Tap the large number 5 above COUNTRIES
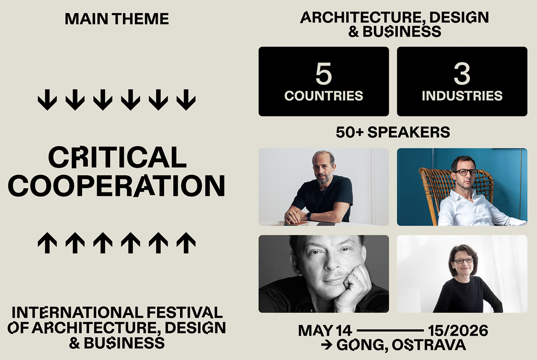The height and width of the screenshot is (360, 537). [x=324, y=74]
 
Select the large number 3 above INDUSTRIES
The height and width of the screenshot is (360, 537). [x=462, y=74]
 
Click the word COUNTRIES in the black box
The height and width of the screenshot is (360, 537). [x=324, y=96]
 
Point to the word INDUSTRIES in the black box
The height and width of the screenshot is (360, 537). [x=462, y=96]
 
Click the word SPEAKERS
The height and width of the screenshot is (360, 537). [x=409, y=132]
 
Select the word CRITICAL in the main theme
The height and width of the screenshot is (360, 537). [x=118, y=157]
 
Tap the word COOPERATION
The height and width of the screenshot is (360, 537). [x=117, y=185]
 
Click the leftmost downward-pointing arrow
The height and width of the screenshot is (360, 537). [x=47, y=100]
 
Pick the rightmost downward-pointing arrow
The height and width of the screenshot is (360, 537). [x=186, y=100]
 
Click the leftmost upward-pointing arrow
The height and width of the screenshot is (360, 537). [x=47, y=243]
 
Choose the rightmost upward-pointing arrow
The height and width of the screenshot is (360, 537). [x=186, y=243]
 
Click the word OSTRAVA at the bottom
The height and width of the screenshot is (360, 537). [x=429, y=345]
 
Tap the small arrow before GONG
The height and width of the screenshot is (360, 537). [x=327, y=345]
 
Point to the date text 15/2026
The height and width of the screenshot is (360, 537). [x=458, y=331]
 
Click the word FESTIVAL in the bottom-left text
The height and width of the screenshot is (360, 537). [x=185, y=313]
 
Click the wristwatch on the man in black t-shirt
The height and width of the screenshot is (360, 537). [x=309, y=216]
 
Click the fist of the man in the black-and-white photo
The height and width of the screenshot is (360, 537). [x=353, y=288]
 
